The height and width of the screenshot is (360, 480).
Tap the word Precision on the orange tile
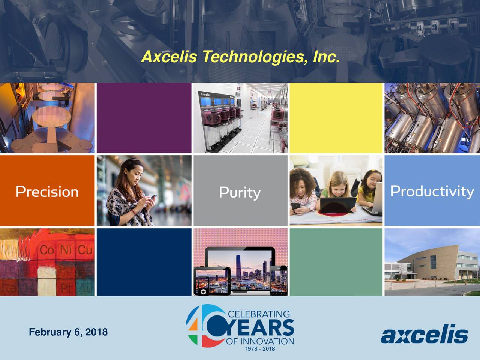(47, 192)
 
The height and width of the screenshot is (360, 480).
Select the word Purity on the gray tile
(240, 193)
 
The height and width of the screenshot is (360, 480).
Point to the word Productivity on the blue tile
(432, 191)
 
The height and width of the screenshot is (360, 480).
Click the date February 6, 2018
(68, 332)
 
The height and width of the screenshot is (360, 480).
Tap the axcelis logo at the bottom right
(424, 334)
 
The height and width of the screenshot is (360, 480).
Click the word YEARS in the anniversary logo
(259, 328)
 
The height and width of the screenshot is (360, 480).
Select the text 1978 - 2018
(260, 349)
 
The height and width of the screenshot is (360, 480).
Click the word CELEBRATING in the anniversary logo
(259, 314)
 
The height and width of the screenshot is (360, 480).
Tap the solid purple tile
(144, 118)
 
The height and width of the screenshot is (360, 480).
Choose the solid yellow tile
(336, 118)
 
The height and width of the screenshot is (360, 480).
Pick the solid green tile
(336, 262)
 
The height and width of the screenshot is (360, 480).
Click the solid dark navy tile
(144, 262)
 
